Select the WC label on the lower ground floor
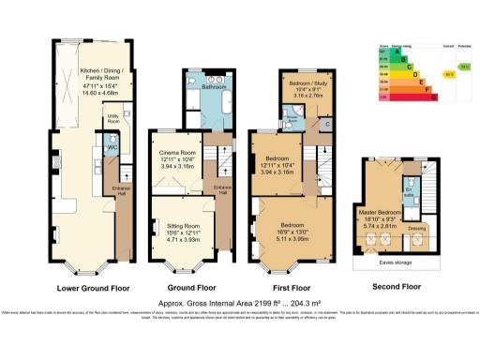(112, 147)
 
